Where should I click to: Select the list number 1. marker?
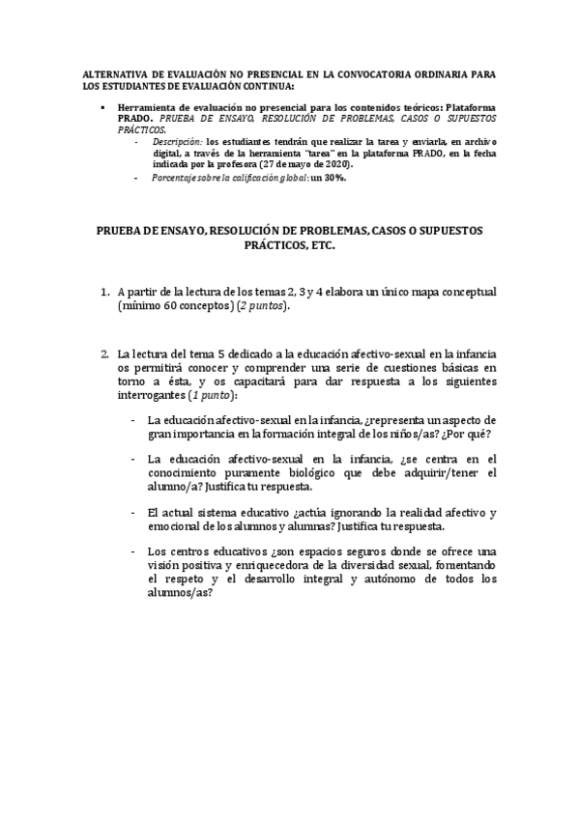pyautogui.click(x=105, y=291)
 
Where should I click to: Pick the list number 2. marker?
pyautogui.click(x=105, y=353)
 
